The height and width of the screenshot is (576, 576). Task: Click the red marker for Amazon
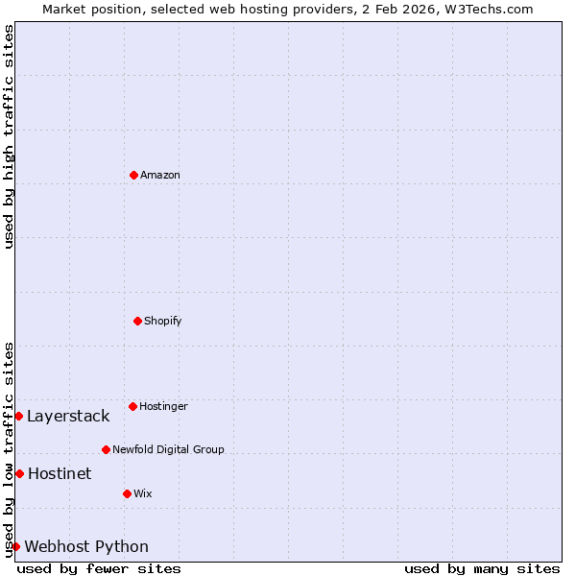tap(133, 175)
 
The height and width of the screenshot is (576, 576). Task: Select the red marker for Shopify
tap(137, 321)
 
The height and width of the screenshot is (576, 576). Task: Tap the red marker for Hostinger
tap(132, 406)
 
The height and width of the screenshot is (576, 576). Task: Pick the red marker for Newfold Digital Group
tap(106, 449)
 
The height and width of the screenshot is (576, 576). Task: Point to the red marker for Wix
tap(127, 493)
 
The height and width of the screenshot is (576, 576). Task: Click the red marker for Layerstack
tap(18, 416)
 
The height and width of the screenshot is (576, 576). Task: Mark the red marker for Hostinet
tap(19, 473)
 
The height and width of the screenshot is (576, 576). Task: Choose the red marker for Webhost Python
tap(15, 546)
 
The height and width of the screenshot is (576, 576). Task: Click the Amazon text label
tap(160, 175)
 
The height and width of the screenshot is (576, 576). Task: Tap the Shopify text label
tap(163, 321)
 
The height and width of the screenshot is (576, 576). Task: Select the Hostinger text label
tap(163, 406)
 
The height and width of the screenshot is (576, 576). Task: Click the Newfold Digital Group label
tap(168, 449)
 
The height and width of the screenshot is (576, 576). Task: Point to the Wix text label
tap(143, 493)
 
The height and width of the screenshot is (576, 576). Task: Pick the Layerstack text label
tap(68, 416)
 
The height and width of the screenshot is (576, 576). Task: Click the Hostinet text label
tap(60, 473)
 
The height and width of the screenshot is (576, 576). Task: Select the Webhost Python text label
tap(86, 546)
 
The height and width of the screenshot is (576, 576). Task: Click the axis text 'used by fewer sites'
tap(99, 568)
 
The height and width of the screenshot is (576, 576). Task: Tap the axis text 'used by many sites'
tap(482, 568)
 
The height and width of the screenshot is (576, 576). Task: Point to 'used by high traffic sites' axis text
tap(9, 136)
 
